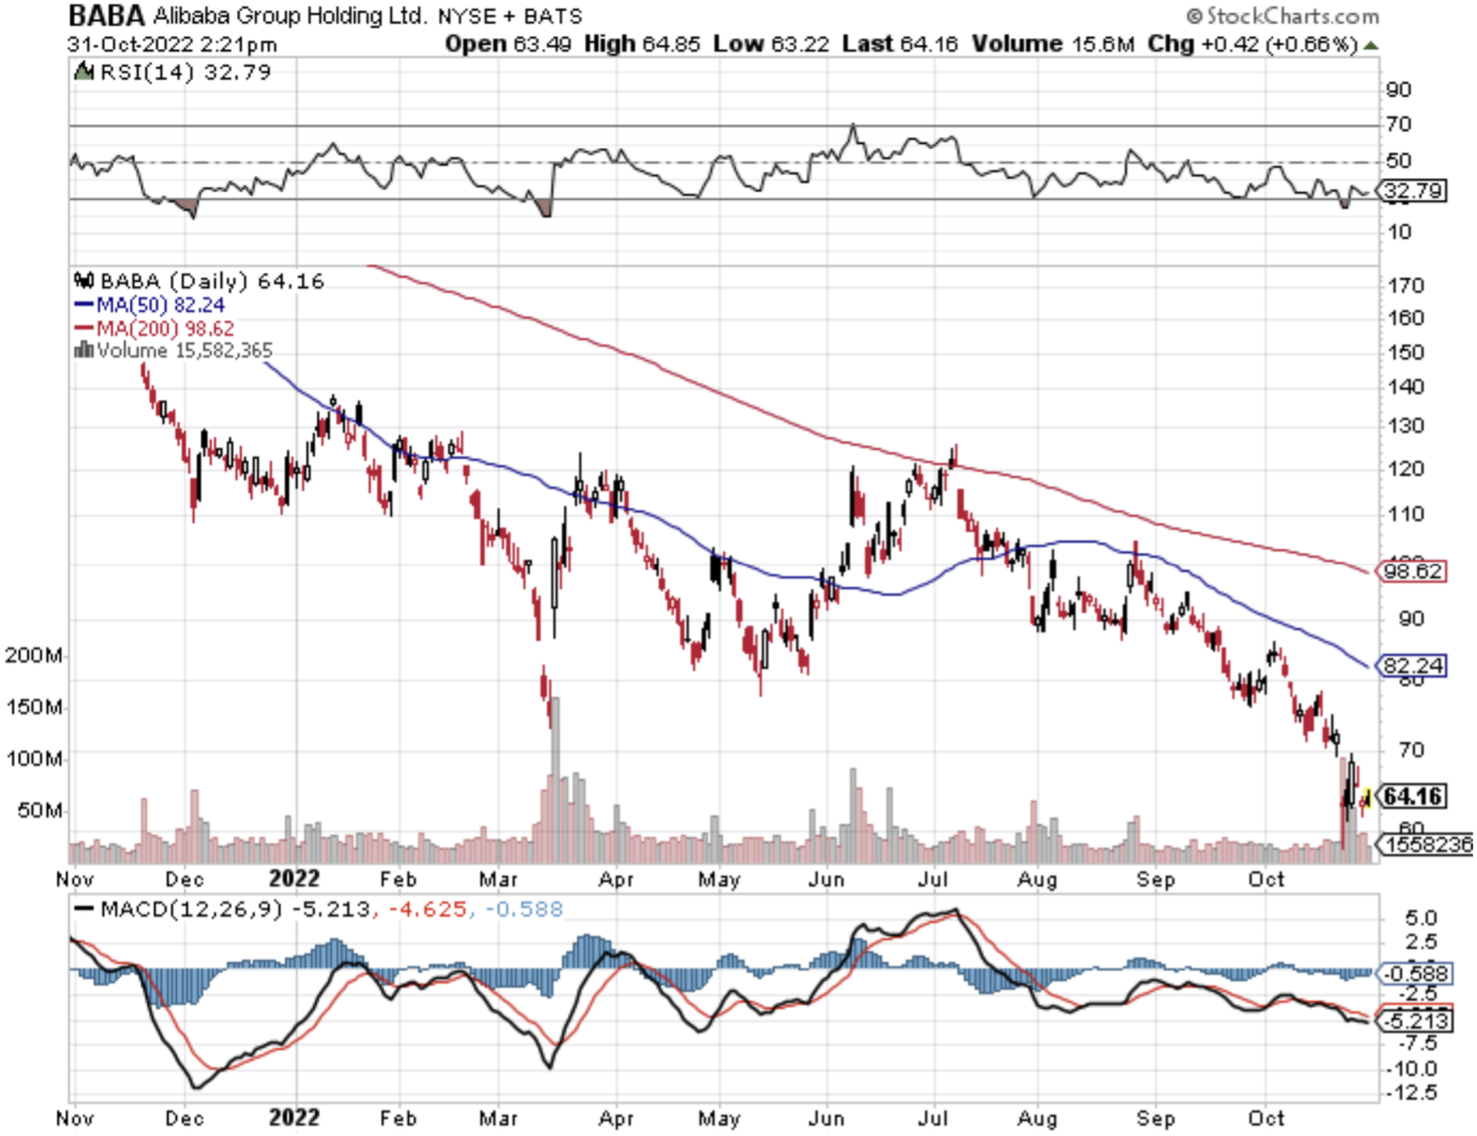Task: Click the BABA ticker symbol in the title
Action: [106, 16]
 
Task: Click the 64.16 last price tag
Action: [1413, 796]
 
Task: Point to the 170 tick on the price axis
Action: [1405, 285]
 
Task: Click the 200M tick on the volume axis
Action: [34, 655]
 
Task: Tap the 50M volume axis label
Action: [39, 810]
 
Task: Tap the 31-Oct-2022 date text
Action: [131, 44]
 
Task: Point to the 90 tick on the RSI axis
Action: [1398, 90]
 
